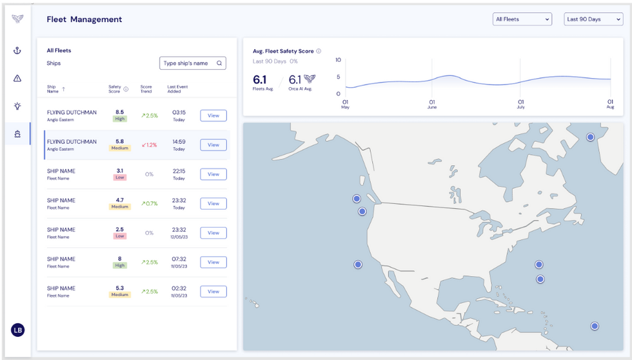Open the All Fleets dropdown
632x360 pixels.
click(522, 19)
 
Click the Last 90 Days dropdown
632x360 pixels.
click(593, 19)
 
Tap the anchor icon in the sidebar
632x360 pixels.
click(17, 50)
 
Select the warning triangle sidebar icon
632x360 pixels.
click(17, 78)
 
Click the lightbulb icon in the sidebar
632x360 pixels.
click(17, 106)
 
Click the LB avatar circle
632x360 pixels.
click(17, 330)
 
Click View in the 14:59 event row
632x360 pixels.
click(213, 145)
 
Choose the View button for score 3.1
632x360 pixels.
click(213, 174)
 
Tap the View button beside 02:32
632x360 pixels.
click(213, 292)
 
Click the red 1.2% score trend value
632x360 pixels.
click(149, 145)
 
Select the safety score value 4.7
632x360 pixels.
click(119, 200)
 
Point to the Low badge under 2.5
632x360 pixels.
click(120, 236)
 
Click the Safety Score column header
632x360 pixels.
click(115, 88)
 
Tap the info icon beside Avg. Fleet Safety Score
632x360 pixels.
click(319, 51)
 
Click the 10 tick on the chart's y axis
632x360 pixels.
click(339, 61)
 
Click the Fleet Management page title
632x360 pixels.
click(84, 19)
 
